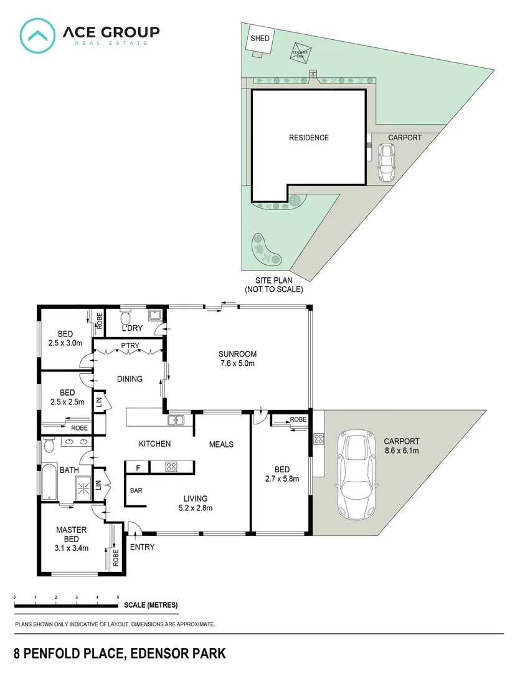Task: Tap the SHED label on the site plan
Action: tap(260, 39)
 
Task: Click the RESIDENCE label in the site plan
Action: tap(308, 138)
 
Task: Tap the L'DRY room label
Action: tap(131, 328)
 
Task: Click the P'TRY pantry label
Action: tap(130, 346)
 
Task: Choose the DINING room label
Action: tap(130, 378)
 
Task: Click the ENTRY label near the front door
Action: tap(142, 547)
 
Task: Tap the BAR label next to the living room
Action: tap(136, 490)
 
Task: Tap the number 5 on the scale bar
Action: tap(118, 598)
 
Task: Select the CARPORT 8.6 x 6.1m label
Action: tap(402, 446)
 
